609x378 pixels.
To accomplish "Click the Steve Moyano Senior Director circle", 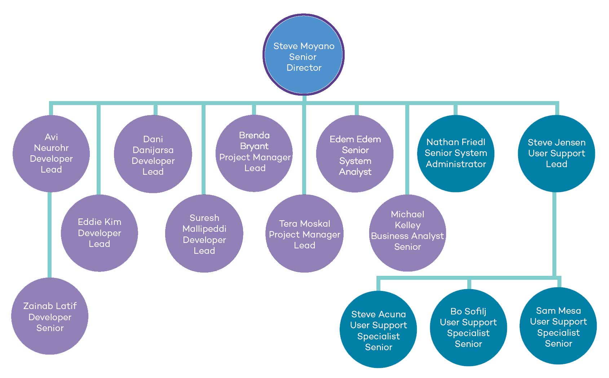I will click(x=304, y=55).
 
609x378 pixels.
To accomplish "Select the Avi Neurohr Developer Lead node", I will click(x=51, y=153).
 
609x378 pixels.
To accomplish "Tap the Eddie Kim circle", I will click(x=100, y=233).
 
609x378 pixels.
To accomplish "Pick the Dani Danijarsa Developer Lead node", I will click(x=153, y=154).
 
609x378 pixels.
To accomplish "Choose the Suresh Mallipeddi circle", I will click(x=204, y=234).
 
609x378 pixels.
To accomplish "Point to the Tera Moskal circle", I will click(x=304, y=234).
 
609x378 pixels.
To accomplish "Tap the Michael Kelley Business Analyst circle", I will click(x=407, y=233).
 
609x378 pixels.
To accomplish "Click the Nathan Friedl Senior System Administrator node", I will click(x=456, y=153).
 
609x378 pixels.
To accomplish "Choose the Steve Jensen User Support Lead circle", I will click(x=556, y=153).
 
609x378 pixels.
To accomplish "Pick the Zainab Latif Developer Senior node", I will click(x=50, y=316).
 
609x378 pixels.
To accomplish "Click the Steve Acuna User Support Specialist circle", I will click(x=378, y=330).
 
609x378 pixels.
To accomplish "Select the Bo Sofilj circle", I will click(x=468, y=328).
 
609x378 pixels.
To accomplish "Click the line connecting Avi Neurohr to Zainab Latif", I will click(x=50, y=235).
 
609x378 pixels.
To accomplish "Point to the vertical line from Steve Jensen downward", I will click(x=554, y=235).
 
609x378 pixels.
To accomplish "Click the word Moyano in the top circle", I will click(x=318, y=46).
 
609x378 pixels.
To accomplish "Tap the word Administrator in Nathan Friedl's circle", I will click(x=456, y=164).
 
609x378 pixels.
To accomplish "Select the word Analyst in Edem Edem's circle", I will click(x=355, y=172).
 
